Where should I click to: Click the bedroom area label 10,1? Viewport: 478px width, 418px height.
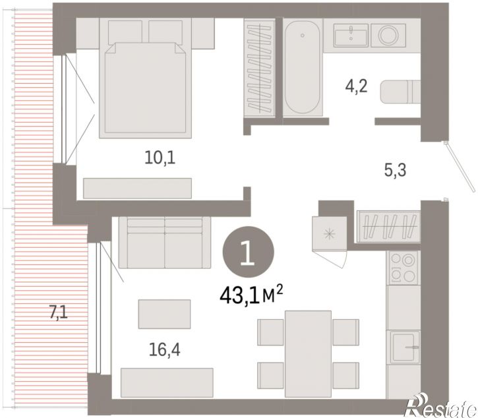160,158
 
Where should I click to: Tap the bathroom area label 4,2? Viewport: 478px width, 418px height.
357,86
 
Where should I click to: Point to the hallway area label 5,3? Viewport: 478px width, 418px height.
395,170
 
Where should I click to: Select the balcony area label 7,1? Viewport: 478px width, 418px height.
58,313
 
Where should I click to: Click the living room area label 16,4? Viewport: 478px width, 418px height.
165,349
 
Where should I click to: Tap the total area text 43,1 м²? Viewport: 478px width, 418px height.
251,296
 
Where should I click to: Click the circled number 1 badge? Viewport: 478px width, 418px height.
249,252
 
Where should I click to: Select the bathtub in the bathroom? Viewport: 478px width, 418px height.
302,67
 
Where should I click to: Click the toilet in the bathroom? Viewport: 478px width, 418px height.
400,92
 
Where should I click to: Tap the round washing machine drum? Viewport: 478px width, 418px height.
388,35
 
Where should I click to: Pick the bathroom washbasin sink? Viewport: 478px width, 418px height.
351,35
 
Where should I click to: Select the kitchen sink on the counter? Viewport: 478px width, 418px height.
403,347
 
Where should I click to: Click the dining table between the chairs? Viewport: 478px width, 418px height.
308,354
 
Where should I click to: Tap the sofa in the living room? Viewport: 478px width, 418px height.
165,243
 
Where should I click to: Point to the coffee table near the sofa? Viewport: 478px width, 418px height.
164,314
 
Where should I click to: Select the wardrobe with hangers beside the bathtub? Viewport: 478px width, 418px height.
259,67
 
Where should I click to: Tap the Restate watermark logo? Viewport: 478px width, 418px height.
440,405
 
